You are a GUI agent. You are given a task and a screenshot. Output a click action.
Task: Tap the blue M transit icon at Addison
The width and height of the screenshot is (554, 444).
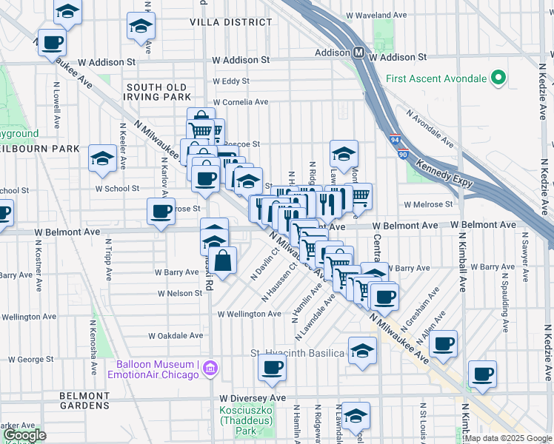pyautogui.click(x=358, y=53)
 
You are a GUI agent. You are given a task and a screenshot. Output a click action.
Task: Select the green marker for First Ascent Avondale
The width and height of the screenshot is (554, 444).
pyautogui.click(x=498, y=78)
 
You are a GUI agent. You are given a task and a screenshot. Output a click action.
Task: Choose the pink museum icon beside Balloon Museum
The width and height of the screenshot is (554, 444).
pyautogui.click(x=210, y=368)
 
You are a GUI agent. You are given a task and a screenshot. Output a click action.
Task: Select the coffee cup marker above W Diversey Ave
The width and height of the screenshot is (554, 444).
pyautogui.click(x=272, y=368)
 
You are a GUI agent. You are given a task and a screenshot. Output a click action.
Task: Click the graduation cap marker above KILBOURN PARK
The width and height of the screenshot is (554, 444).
pyautogui.click(x=102, y=158)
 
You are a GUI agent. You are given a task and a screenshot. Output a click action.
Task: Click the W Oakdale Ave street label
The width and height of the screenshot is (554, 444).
pyautogui.click(x=176, y=335)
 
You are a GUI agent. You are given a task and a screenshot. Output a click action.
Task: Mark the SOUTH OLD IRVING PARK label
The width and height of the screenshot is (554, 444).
pyautogui.click(x=157, y=92)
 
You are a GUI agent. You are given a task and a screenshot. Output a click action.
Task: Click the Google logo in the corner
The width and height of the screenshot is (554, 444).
pyautogui.click(x=24, y=435)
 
